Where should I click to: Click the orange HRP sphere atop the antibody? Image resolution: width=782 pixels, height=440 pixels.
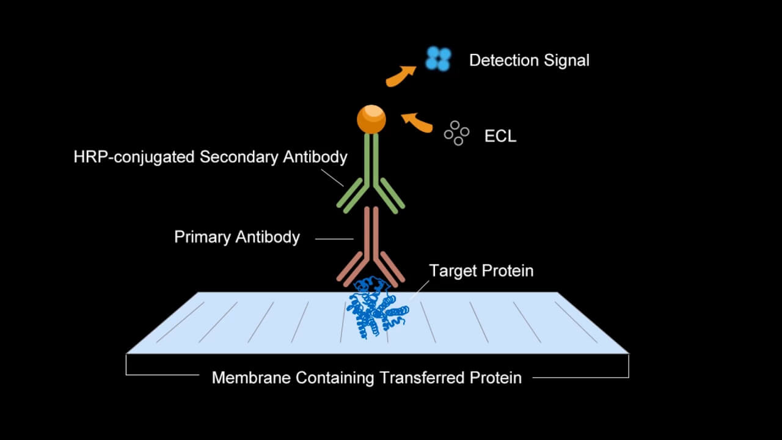(x=371, y=119)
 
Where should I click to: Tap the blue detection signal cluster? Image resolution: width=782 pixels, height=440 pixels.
(x=438, y=59)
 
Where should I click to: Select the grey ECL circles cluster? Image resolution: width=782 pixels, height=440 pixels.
(x=456, y=133)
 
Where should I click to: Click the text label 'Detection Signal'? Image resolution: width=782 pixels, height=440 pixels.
(x=529, y=61)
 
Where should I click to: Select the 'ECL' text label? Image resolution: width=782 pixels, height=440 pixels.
(x=500, y=136)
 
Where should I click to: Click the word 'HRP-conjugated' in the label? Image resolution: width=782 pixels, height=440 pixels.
(x=134, y=157)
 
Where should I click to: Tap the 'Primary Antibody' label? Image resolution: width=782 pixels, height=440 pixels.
(x=237, y=237)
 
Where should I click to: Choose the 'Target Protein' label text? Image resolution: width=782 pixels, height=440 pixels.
(x=481, y=271)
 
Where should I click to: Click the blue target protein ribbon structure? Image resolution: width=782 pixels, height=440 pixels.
(x=375, y=309)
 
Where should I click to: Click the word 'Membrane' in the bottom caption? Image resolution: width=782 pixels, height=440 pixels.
(x=251, y=378)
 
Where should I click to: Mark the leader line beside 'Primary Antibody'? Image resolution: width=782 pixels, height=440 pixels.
(x=334, y=238)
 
